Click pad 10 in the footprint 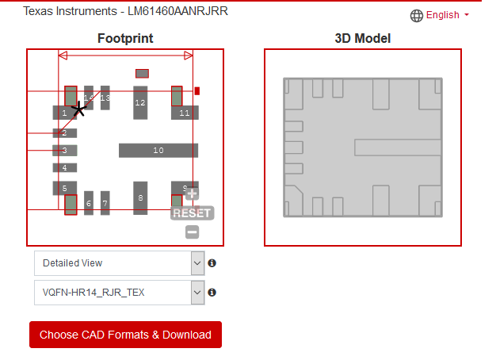[158, 150]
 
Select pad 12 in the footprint [140, 102]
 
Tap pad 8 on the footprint [140, 197]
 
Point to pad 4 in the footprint [64, 168]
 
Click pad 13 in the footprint [105, 98]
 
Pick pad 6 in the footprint [89, 203]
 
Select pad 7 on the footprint [105, 203]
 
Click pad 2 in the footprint [64, 133]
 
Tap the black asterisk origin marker [78, 109]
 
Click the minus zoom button [192, 232]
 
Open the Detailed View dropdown [119, 263]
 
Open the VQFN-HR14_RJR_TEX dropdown [119, 293]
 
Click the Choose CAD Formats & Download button [125, 335]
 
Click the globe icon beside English [417, 16]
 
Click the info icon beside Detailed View [212, 263]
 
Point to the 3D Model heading [363, 38]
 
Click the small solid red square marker [197, 91]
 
